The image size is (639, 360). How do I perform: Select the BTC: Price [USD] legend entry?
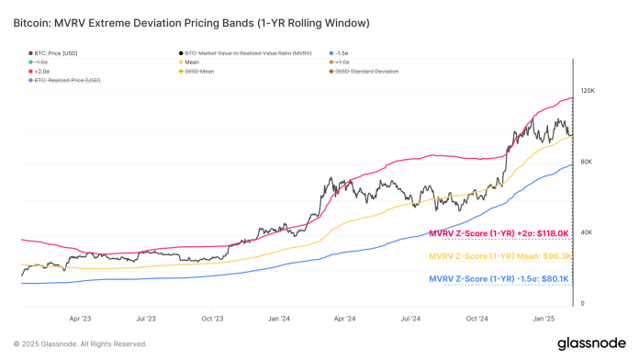click(x=51, y=52)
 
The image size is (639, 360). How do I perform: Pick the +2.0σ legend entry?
click(x=42, y=71)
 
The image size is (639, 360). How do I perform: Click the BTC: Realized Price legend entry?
click(x=65, y=81)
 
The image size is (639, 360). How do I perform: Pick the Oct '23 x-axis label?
click(x=212, y=319)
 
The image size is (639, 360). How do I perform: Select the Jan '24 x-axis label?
click(x=279, y=319)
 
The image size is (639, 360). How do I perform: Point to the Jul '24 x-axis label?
click(x=410, y=319)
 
